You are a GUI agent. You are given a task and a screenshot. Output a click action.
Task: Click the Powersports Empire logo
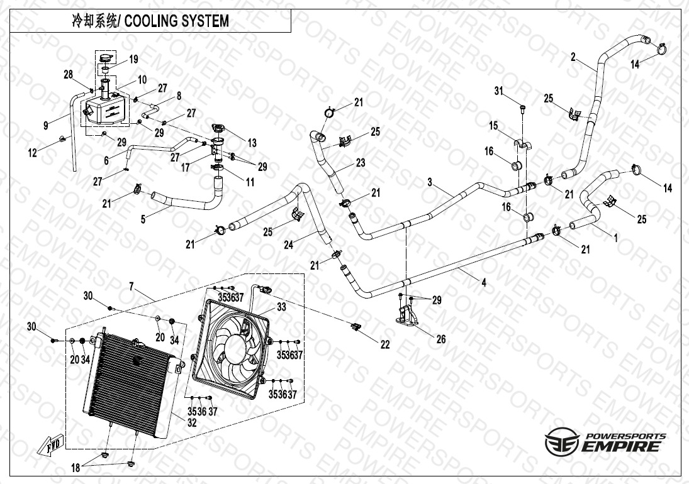[x=605, y=441]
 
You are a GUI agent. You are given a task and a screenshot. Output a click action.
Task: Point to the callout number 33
[x=281, y=307]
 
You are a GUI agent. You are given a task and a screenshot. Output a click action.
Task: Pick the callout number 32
[x=191, y=423]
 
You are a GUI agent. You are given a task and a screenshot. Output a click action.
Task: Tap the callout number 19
[x=133, y=60]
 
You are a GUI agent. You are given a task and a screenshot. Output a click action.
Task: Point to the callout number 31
[x=499, y=92]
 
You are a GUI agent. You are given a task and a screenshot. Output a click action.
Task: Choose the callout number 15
[x=494, y=126]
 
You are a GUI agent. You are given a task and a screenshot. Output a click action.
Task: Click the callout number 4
[x=483, y=283]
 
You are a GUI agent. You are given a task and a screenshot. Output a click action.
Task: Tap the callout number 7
[x=132, y=287]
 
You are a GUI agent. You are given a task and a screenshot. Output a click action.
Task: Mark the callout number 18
[x=76, y=468]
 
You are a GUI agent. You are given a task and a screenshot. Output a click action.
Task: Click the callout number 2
[x=573, y=57]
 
